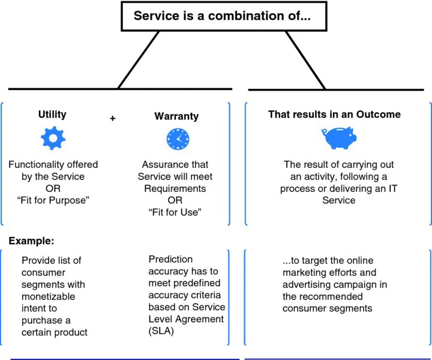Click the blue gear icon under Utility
52,139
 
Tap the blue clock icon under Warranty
177,139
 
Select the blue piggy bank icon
338,138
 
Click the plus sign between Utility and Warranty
112,118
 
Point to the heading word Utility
52,114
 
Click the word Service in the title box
155,16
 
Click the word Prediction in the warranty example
171,259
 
